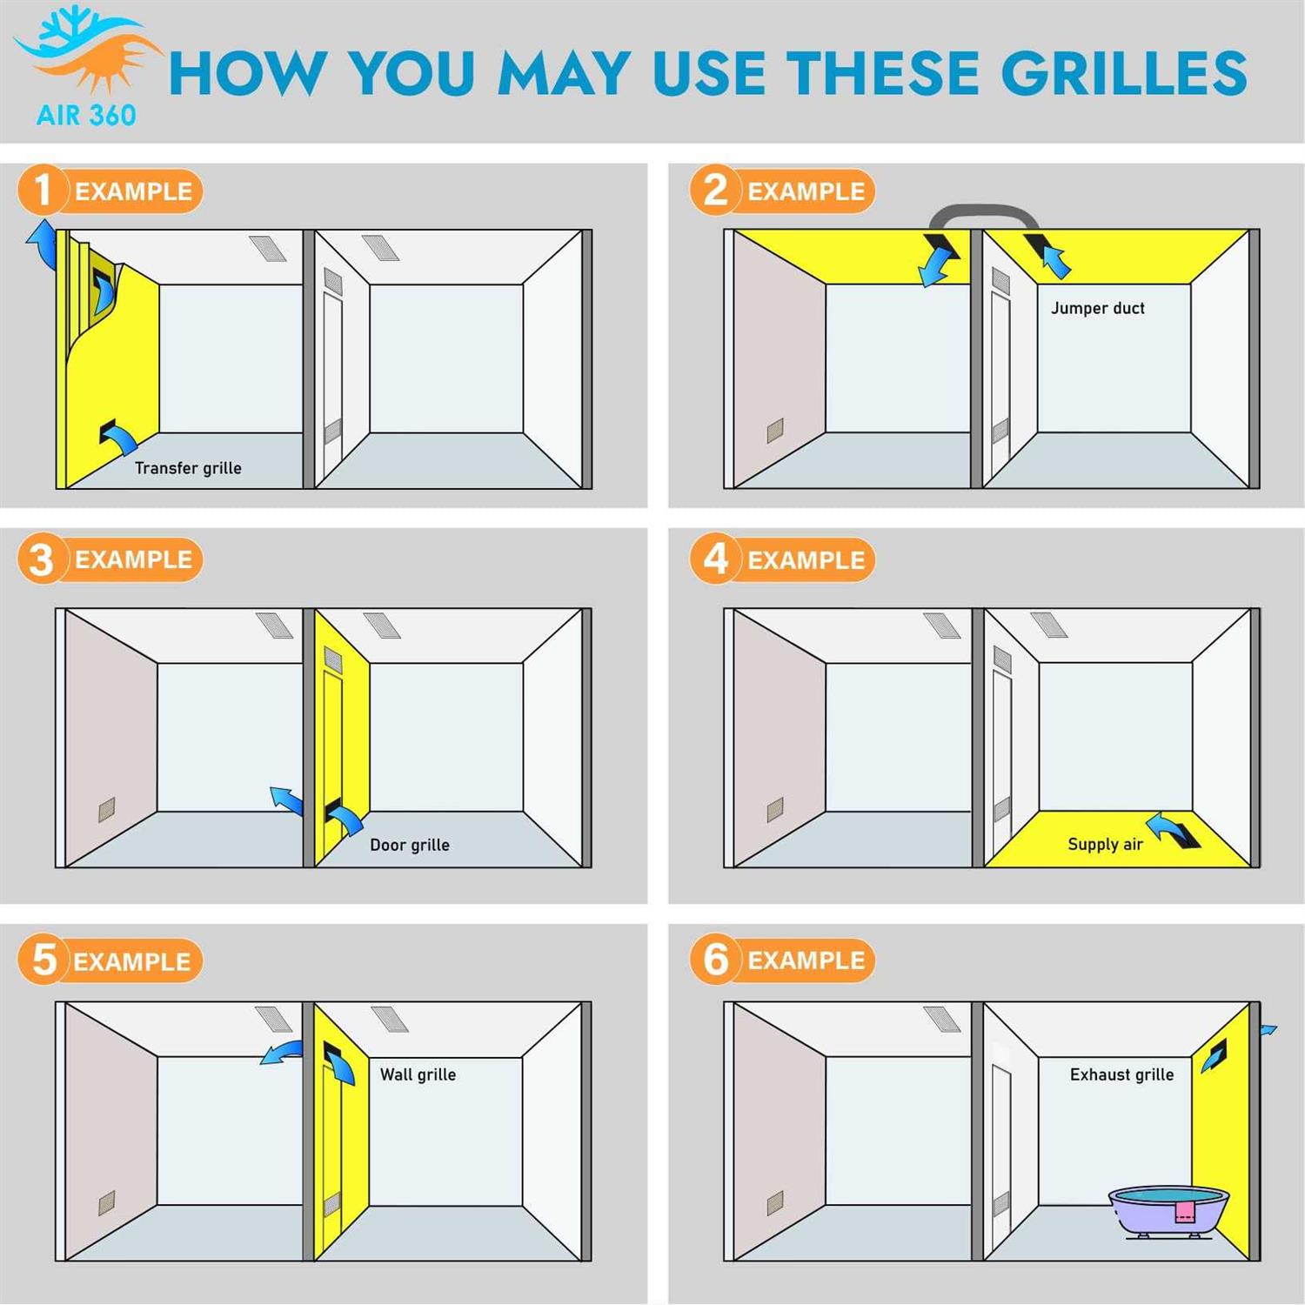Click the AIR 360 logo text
(x=86, y=115)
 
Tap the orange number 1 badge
(x=42, y=190)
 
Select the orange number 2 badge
(x=715, y=190)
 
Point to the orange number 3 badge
(x=42, y=559)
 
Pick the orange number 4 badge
(x=715, y=559)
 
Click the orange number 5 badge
(x=43, y=960)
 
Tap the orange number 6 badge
(x=715, y=960)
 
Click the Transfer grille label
(x=188, y=468)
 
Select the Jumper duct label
(x=1097, y=308)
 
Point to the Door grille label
(x=410, y=845)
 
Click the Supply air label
(x=1105, y=844)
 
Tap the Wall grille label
(x=418, y=1074)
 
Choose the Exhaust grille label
(x=1121, y=1074)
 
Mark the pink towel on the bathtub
(x=1185, y=1211)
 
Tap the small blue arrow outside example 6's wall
(x=1268, y=1031)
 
